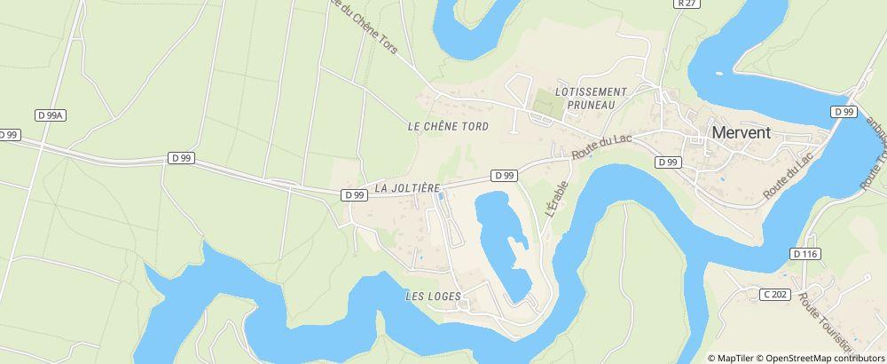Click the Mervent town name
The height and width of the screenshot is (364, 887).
tap(742, 132)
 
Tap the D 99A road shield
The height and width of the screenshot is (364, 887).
tap(51, 115)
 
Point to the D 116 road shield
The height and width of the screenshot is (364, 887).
tap(805, 254)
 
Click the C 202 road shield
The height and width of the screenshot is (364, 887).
tap(775, 294)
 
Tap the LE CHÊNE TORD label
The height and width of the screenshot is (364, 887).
tap(448, 127)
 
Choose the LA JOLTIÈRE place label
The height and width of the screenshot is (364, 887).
tap(408, 188)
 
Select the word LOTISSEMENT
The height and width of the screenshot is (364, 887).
tap(591, 91)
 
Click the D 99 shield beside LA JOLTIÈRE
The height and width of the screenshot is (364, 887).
tap(354, 195)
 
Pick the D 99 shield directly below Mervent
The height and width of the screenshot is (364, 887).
tap(668, 162)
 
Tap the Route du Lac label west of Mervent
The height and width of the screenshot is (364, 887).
tap(594, 146)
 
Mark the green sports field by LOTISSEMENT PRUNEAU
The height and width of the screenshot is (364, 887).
tap(547, 103)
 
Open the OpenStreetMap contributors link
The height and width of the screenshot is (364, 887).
tap(820, 358)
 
